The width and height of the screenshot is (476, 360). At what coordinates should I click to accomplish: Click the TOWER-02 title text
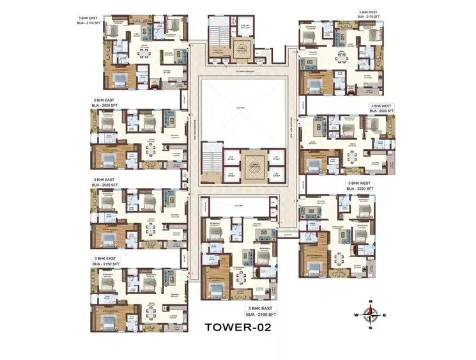(x=238, y=327)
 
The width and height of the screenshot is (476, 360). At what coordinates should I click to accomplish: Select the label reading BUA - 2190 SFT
(x=262, y=315)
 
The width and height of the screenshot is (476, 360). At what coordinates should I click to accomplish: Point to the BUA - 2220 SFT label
(x=362, y=189)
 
